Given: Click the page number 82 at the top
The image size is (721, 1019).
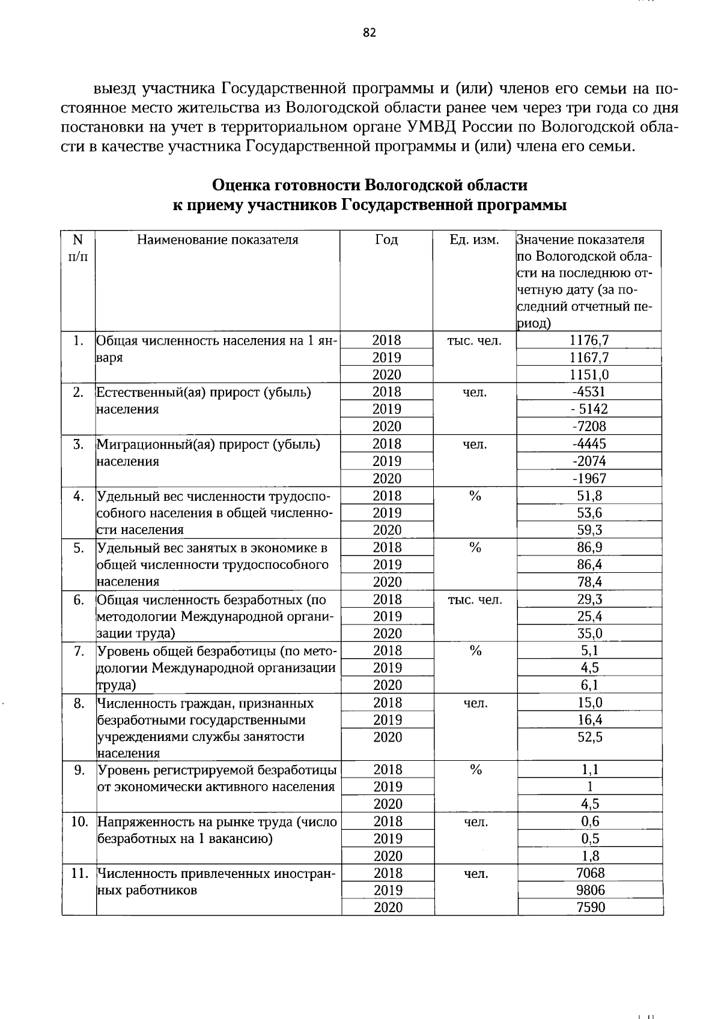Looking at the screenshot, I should pyautogui.click(x=369, y=33).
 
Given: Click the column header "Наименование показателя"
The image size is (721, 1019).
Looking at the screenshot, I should pyautogui.click(x=218, y=240).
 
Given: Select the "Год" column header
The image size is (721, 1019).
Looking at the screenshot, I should pyautogui.click(x=386, y=240).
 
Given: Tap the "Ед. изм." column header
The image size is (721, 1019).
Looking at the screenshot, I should pyautogui.click(x=475, y=240).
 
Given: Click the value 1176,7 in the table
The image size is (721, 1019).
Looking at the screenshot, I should pyautogui.click(x=589, y=340).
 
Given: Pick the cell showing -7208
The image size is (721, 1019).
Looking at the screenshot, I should pyautogui.click(x=589, y=427).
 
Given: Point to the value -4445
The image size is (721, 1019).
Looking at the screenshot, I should pyautogui.click(x=589, y=444).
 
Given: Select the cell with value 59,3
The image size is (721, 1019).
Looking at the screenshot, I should pyautogui.click(x=589, y=530).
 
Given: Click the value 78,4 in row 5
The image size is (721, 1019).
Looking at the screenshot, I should pyautogui.click(x=589, y=582).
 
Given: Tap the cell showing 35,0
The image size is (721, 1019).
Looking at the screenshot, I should pyautogui.click(x=589, y=633).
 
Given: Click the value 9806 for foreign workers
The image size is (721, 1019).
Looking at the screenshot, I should pyautogui.click(x=591, y=890).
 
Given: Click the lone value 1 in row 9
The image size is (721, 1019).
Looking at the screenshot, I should pyautogui.click(x=590, y=787).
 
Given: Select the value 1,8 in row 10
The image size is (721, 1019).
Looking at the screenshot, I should pyautogui.click(x=590, y=856).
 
